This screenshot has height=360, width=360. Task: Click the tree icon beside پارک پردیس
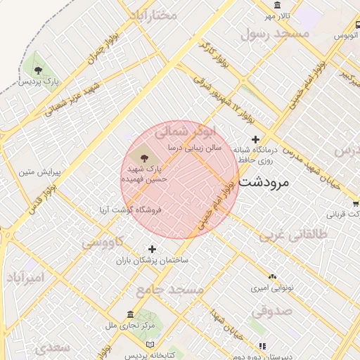(38, 70)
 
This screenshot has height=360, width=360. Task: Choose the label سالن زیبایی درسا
(195, 148)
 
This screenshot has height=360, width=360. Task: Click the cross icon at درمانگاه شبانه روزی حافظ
(255, 139)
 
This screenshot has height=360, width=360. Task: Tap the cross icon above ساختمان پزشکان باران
(152, 249)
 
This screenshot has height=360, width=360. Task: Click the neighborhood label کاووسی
(103, 243)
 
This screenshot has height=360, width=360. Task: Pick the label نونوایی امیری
(268, 288)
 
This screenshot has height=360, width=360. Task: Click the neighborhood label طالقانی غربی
(294, 236)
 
